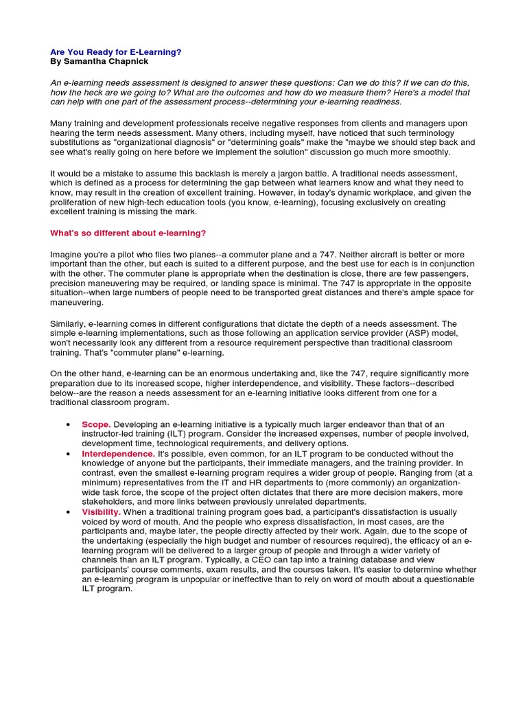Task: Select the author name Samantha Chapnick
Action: (104, 61)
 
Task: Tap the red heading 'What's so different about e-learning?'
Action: (128, 233)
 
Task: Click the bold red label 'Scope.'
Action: (95, 425)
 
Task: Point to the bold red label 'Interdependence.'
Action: (118, 454)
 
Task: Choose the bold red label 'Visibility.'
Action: (101, 512)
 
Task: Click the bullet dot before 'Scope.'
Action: (67, 426)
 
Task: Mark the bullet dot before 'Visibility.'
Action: (67, 513)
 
